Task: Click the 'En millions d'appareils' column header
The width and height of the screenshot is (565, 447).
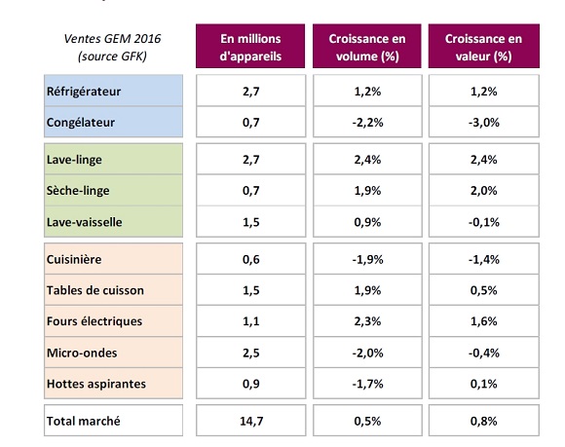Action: [x=250, y=46]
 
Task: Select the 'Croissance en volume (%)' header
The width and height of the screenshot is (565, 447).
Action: [x=367, y=46]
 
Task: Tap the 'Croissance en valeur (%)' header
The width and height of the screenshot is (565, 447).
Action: [x=483, y=46]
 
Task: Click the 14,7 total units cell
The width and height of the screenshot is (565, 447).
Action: [x=250, y=421]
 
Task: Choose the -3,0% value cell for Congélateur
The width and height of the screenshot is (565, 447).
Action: [x=483, y=122]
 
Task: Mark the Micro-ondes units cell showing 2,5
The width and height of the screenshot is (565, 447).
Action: [x=250, y=353]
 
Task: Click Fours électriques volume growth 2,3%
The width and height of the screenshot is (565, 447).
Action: [x=367, y=321]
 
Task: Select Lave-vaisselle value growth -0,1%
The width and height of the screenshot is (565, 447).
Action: [x=483, y=221]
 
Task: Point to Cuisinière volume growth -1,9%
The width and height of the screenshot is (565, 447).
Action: [x=367, y=259]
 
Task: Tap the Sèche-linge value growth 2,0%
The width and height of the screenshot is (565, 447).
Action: [x=483, y=190]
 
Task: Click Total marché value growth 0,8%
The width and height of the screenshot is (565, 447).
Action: [x=483, y=421]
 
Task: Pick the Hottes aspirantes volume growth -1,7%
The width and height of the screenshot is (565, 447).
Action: [x=367, y=384]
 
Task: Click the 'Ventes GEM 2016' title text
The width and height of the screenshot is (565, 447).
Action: [x=112, y=39]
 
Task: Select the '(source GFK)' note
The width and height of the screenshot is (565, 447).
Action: [x=112, y=56]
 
